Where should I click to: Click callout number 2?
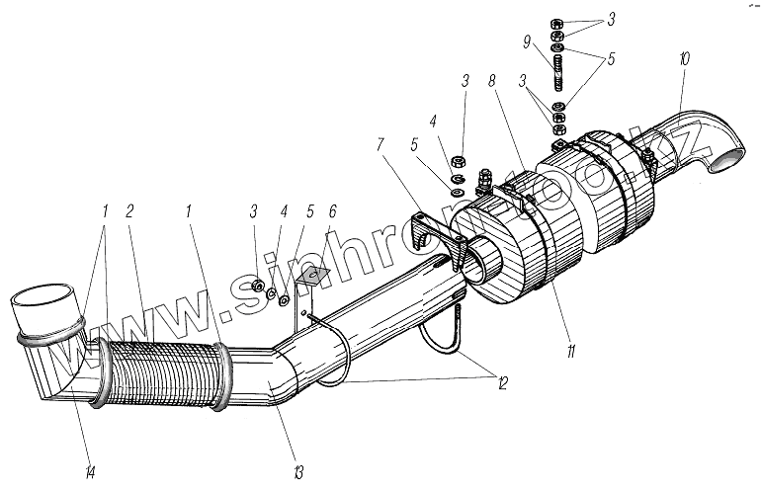(130, 211)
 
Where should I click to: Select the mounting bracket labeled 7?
(436, 237)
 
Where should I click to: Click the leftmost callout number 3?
(255, 211)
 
